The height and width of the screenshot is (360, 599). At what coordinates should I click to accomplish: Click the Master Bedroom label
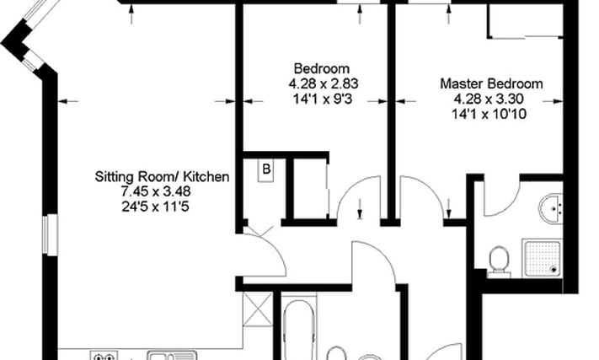[491, 83]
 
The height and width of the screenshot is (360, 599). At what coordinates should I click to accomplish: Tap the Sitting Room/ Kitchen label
[162, 176]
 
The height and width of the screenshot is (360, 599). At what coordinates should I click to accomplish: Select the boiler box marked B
[266, 169]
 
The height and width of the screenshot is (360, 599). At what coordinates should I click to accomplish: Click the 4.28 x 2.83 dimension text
[324, 83]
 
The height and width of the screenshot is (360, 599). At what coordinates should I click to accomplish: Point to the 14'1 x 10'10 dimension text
[489, 114]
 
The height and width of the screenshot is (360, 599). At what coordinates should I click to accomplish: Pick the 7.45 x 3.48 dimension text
[156, 191]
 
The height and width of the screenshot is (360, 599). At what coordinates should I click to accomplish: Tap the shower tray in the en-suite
[543, 258]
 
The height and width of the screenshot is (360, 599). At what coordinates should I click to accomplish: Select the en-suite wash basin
[551, 208]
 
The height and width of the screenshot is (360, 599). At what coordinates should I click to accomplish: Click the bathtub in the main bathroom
[299, 329]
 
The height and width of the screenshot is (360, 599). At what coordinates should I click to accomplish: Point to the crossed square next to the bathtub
[258, 309]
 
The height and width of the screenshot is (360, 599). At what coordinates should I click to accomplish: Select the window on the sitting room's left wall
[50, 234]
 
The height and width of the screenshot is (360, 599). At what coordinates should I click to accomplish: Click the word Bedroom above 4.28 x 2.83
[322, 69]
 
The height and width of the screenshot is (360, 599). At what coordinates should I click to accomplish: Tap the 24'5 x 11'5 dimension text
[156, 207]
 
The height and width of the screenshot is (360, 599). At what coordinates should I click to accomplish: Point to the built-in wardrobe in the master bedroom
[525, 21]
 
